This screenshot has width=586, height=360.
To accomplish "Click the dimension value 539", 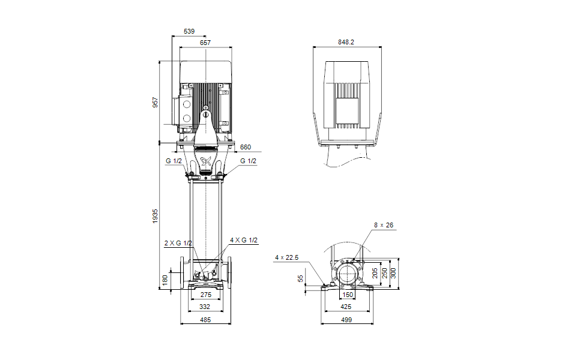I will coord(189,31).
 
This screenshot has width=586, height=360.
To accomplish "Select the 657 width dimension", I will coord(205,43).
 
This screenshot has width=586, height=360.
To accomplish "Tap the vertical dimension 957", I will coord(155,102).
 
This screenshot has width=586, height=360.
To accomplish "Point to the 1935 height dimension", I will coord(155,215).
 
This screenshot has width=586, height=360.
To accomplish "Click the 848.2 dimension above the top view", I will coord(346,43).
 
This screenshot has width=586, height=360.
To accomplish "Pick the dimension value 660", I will coord(246,147).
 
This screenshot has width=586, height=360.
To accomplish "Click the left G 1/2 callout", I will coord(174,161).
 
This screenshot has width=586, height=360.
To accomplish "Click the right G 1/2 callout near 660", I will coord(248,161).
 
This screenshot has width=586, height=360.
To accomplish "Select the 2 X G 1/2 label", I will coord(178,243).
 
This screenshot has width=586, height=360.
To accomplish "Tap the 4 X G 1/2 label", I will coord(244,240).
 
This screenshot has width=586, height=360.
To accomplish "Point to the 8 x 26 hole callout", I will coord(384,226).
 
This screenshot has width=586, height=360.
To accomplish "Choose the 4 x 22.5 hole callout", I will coord(286,257).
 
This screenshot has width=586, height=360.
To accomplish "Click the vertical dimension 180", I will coord(165,280).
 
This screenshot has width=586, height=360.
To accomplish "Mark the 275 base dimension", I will coord(205,295).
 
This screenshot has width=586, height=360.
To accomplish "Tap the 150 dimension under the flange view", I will coord(347,295).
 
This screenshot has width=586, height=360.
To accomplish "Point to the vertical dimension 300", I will coord(394,273).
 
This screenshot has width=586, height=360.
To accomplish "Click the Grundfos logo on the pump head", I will coord(205,160).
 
